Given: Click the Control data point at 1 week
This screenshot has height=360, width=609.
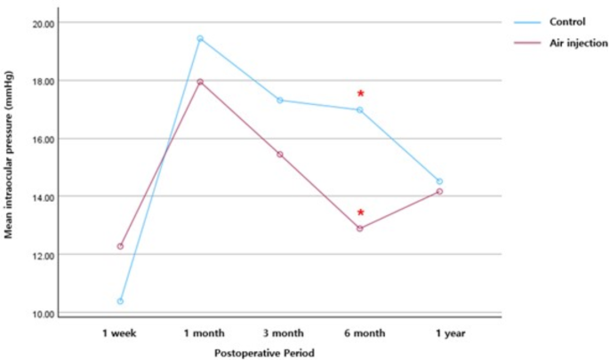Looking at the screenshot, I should tap(120, 301).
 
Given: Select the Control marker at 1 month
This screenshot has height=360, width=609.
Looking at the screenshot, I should tap(200, 38).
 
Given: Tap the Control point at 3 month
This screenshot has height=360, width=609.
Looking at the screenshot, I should tap(280, 100).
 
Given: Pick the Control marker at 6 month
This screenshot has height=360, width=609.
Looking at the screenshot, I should tap(360, 110).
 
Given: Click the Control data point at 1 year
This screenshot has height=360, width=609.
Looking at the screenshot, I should tap(439, 181).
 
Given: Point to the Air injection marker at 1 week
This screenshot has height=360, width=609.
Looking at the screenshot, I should tap(120, 246).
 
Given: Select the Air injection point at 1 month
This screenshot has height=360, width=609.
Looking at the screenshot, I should tap(200, 82).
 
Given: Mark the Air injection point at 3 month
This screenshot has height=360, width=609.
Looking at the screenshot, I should tap(280, 155).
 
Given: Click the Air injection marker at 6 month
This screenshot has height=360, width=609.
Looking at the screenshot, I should tap(360, 228).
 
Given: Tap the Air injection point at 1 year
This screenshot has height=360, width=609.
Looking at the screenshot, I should tap(439, 191).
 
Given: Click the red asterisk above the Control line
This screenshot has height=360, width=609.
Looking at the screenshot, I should tap(360, 93).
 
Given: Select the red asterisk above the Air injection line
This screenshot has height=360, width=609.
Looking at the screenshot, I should tap(360, 212).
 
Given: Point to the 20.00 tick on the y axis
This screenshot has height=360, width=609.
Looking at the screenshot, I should tap(43, 22).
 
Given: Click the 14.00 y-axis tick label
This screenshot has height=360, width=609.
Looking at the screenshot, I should tap(43, 197).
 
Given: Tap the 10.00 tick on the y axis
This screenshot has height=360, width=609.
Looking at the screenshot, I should tap(43, 314).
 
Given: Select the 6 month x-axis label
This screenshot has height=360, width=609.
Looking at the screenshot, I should tap(360, 333).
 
